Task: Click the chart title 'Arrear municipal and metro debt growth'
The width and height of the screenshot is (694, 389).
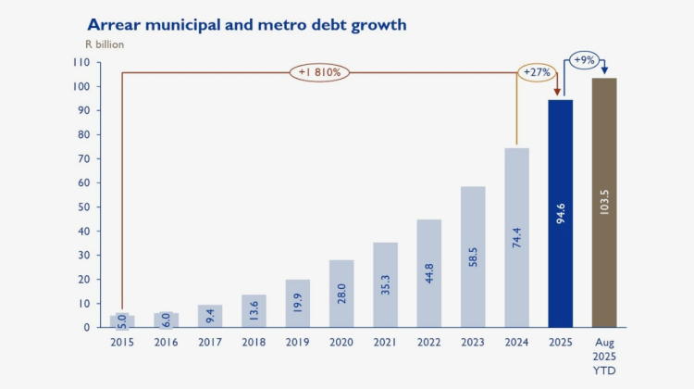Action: tap(246, 24)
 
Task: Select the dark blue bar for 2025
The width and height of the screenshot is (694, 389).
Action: tap(561, 213)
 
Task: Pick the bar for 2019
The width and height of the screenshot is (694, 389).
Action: tap(297, 303)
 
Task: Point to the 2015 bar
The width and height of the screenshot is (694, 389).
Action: tap(122, 320)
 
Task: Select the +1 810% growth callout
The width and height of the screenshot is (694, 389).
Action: tap(319, 71)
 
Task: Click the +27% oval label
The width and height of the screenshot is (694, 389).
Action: tap(537, 72)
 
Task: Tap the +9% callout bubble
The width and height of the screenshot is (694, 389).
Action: tap(585, 60)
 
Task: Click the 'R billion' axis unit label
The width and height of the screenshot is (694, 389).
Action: tap(105, 44)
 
